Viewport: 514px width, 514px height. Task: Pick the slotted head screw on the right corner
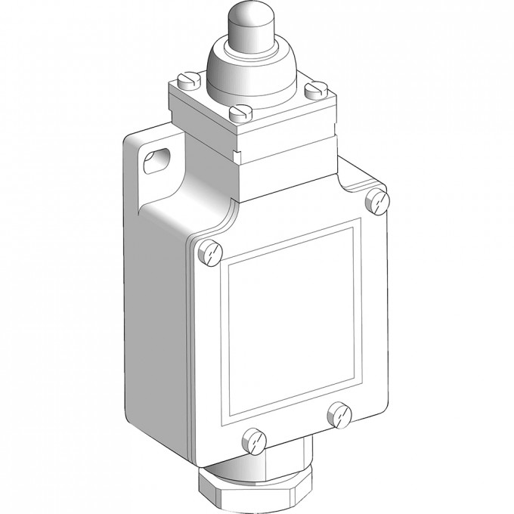[312, 92]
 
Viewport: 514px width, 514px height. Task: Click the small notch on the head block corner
[236, 157]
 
